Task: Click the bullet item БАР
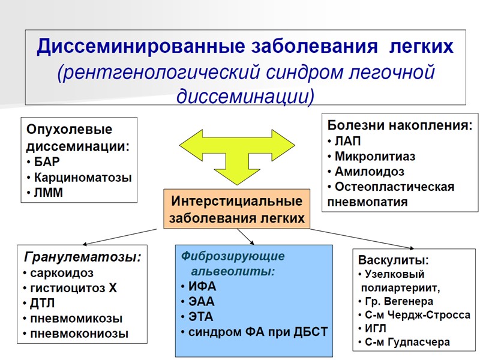pyautogui.click(x=48, y=162)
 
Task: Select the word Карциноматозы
pyautogui.click(x=82, y=178)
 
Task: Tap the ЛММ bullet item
pyautogui.click(x=49, y=193)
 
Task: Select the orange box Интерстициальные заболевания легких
pyautogui.click(x=236, y=209)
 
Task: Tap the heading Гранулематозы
pyautogui.click(x=82, y=257)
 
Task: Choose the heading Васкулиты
pyautogui.click(x=393, y=260)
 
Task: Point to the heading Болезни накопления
pyautogui.click(x=400, y=126)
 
